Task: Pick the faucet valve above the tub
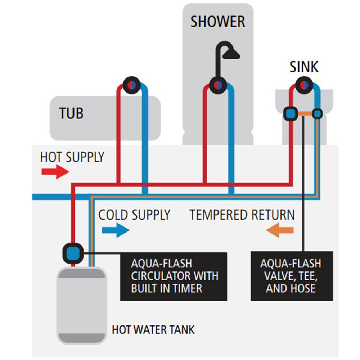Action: point(132,85)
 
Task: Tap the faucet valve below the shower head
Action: point(218,86)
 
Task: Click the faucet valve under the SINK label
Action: point(305,85)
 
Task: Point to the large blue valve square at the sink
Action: point(291,114)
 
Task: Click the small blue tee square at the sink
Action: point(317,114)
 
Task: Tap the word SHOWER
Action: point(218,22)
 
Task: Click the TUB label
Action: point(71,113)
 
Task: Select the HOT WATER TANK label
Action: point(153,329)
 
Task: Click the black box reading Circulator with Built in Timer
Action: point(174,276)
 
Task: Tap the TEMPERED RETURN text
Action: point(242,215)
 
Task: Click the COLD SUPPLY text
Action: point(134,215)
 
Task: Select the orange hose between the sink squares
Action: point(305,114)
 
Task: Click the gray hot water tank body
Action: point(81,306)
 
